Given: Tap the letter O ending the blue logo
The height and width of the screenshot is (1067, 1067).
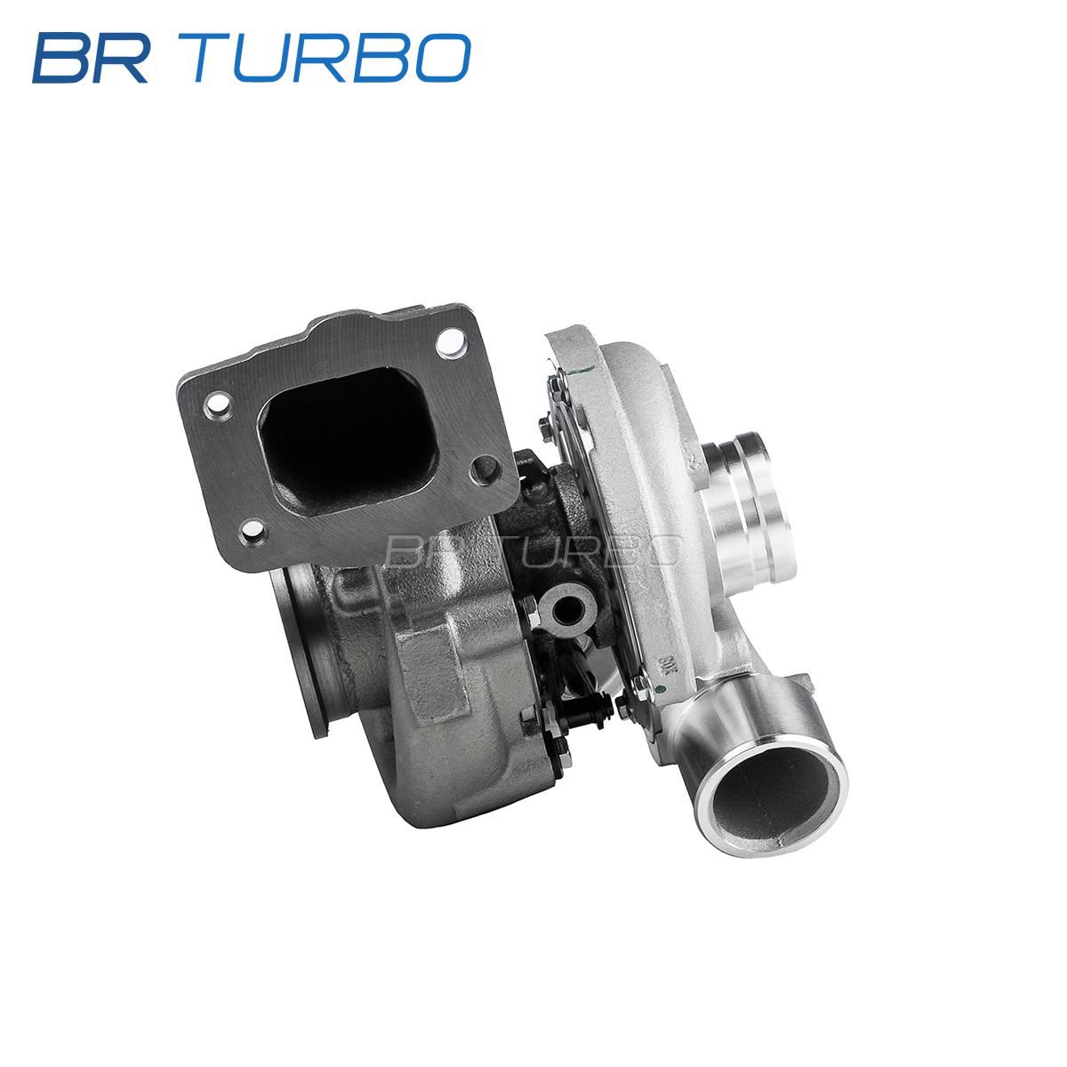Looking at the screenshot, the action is tap(443, 58).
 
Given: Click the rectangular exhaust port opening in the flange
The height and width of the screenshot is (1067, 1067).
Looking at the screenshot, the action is tap(349, 440).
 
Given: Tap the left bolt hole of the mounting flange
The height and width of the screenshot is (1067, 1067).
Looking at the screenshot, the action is tap(218, 405).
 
